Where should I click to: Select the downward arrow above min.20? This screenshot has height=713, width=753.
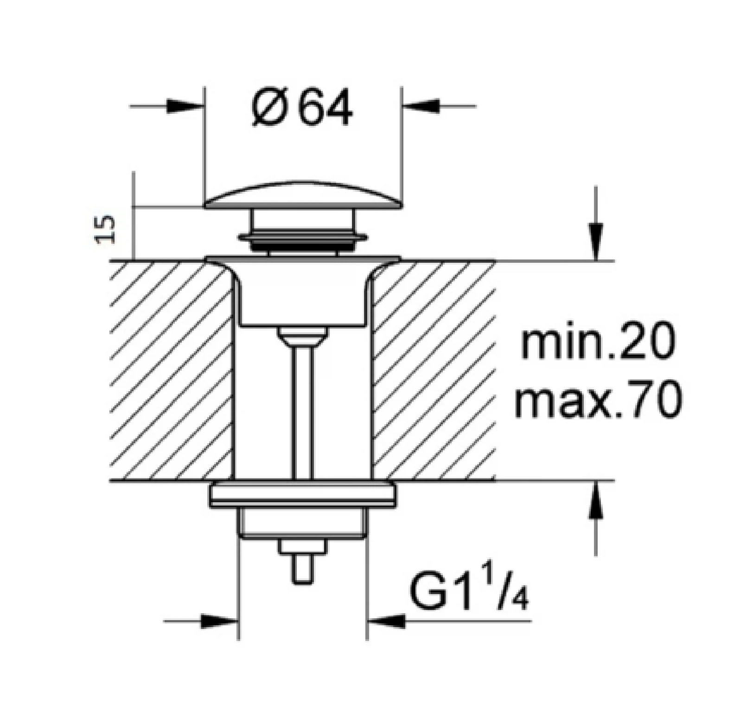point(596,241)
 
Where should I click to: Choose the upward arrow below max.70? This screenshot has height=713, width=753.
point(596,501)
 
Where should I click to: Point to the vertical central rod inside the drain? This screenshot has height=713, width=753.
point(303,408)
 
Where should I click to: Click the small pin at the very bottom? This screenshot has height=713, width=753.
point(303,569)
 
